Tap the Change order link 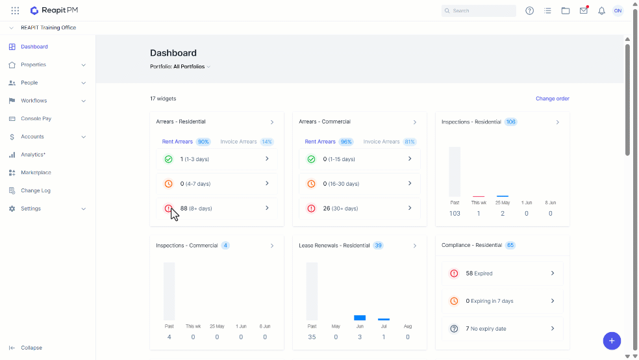click(552, 99)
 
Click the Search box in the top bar click(479, 10)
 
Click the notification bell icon click(601, 11)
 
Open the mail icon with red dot click(584, 10)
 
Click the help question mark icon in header click(529, 11)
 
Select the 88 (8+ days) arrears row click(217, 209)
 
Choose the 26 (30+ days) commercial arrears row click(360, 209)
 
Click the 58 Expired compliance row click(503, 274)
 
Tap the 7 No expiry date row click(503, 329)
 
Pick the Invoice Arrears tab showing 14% click(247, 142)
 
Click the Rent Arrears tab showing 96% click(329, 142)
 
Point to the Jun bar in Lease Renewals click(360, 318)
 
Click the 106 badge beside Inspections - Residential click(510, 122)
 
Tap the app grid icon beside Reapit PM click(15, 10)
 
